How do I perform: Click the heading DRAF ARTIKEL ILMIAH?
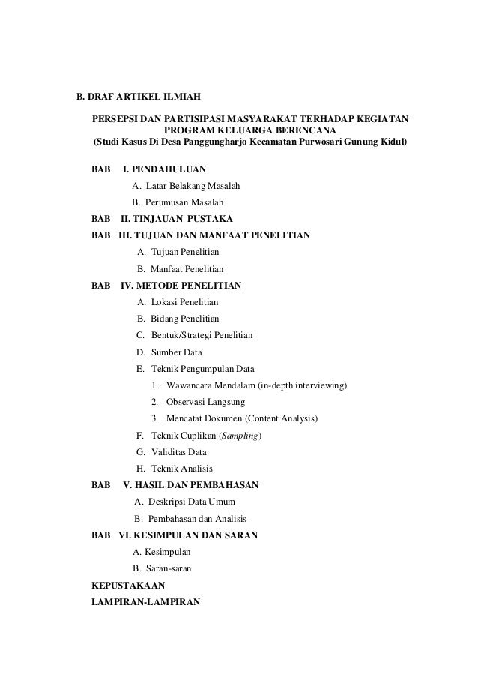(145, 97)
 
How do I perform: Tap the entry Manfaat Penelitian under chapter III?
(187, 268)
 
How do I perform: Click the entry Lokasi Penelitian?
(184, 302)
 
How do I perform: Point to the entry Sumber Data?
(176, 352)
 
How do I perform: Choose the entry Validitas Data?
(178, 451)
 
